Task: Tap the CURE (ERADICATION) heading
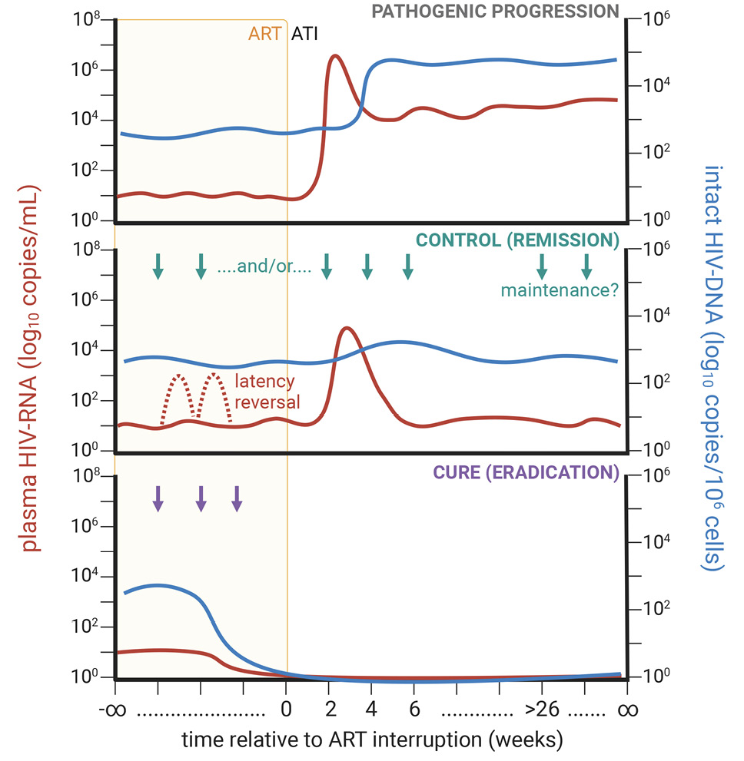pos(516,471)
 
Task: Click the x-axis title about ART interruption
pos(373,740)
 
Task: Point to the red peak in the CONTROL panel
pos(348,328)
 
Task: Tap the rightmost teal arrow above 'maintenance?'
pos(586,266)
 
